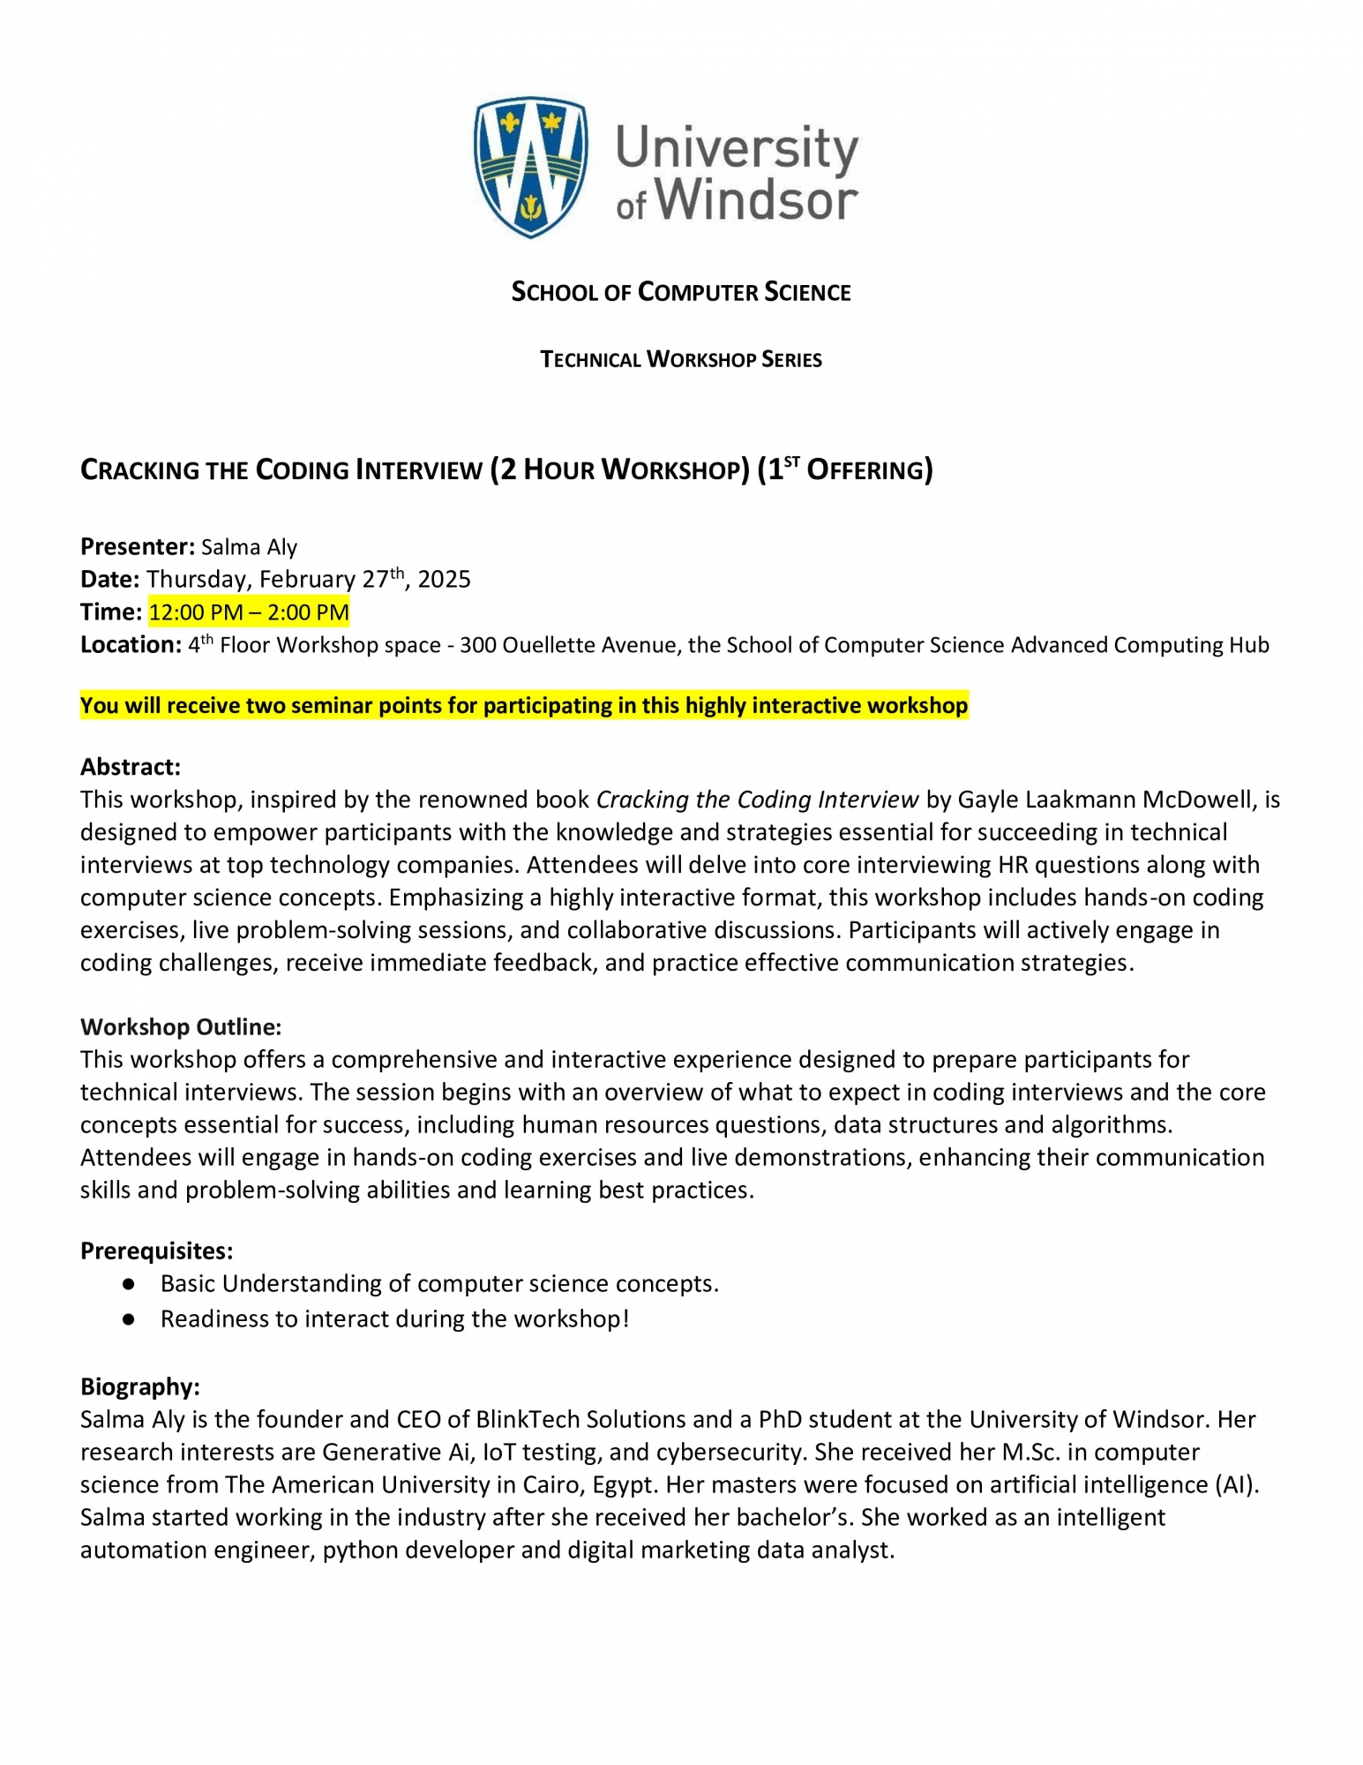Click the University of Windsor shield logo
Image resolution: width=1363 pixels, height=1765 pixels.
[x=530, y=166]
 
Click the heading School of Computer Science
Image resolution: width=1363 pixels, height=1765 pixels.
[x=681, y=292]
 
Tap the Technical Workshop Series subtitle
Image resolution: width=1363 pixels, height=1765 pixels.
[x=681, y=359]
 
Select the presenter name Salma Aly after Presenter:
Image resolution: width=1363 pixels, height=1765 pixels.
[x=249, y=547]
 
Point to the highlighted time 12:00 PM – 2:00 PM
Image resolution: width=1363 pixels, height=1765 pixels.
[x=249, y=612]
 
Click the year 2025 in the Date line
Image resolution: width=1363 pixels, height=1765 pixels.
[x=444, y=580]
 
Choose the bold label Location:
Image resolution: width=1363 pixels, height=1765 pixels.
[x=131, y=645]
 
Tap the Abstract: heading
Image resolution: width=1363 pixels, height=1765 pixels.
[x=131, y=766]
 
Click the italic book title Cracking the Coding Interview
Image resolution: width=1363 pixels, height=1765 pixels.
[x=757, y=800]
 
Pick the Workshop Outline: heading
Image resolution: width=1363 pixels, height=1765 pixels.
[x=181, y=1026]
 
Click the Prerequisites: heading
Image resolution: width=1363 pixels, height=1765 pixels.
[x=157, y=1251]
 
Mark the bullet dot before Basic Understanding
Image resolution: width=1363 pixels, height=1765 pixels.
[x=129, y=1284]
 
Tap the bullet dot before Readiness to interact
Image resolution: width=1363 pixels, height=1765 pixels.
[x=129, y=1319]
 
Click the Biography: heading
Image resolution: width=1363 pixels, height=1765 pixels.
[x=140, y=1386]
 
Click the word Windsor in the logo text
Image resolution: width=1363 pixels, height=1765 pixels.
[x=755, y=200]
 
